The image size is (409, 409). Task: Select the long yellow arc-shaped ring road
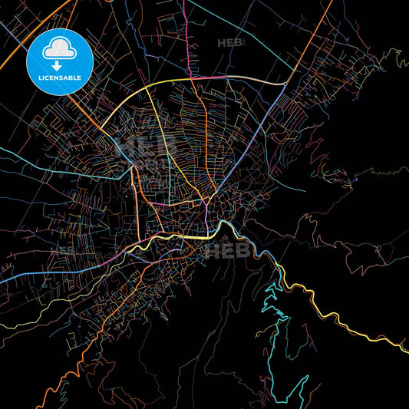[x=230, y=78]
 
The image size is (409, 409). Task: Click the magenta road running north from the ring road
[x=188, y=38]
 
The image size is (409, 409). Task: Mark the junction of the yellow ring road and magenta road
[x=190, y=78]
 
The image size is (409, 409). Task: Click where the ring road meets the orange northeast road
[x=286, y=84]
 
